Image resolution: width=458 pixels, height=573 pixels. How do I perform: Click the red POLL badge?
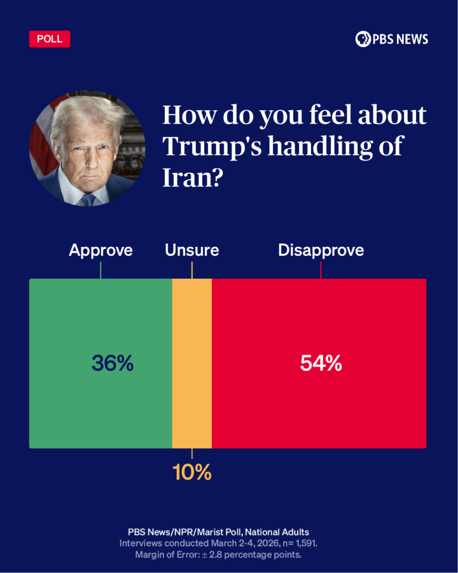pos(49,39)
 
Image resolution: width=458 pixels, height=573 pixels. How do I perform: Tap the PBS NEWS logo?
pos(391,39)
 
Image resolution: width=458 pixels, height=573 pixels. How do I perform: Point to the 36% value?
pos(112,364)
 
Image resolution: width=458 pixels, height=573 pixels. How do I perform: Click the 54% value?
pos(320,364)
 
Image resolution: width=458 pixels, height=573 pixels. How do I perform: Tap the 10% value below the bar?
pos(192,473)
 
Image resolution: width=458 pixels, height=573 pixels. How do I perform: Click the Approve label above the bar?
pos(101,250)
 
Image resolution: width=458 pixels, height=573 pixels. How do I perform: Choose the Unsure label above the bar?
pos(192,250)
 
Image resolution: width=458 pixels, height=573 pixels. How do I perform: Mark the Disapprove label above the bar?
pos(321,250)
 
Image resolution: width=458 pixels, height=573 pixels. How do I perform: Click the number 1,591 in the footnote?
pos(303,543)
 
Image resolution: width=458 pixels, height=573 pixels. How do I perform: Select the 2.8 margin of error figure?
pos(225,555)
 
